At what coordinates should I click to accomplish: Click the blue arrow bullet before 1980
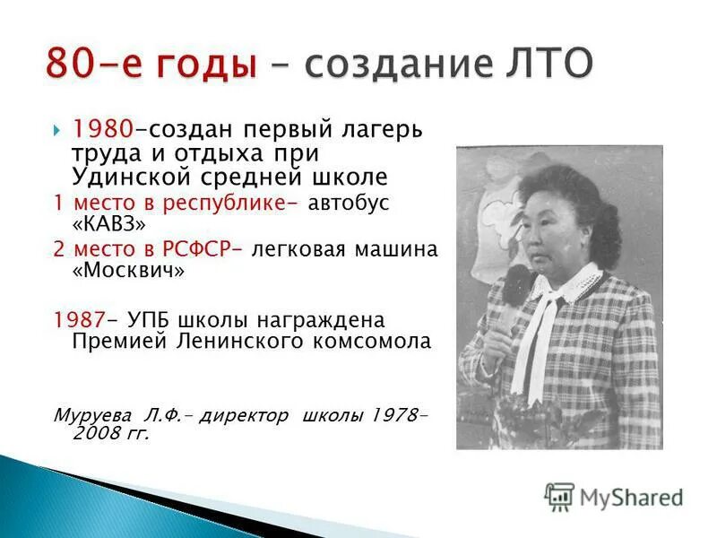pyautogui.click(x=58, y=129)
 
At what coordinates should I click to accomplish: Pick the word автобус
pyautogui.click(x=349, y=202)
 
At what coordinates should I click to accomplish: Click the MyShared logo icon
pyautogui.click(x=559, y=496)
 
